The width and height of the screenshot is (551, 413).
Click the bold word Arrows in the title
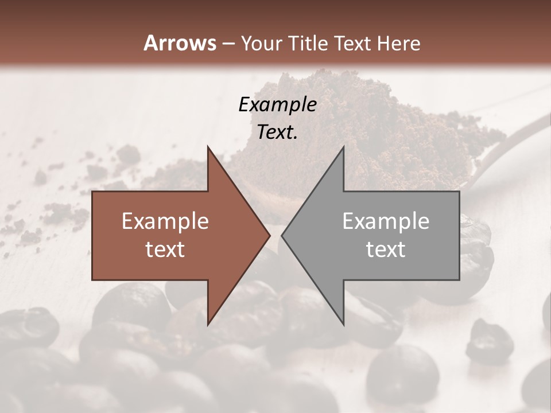coord(179,42)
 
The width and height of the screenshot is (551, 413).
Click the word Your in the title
coord(262,43)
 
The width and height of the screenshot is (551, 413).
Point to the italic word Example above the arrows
coord(277,104)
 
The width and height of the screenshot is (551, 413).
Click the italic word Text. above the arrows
coord(277,132)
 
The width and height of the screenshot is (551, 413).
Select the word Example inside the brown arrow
coord(165,221)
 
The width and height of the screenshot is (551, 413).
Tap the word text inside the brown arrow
coord(165,249)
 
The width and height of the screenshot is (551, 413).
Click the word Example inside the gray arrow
coord(386,221)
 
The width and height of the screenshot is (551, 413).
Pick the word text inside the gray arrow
coord(386,249)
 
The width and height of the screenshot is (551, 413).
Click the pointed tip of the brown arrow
coord(269,235)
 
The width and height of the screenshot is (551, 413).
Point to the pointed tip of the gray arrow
coord(282,235)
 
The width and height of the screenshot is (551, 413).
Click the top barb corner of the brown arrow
coord(208,147)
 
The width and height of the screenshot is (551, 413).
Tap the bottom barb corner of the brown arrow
coord(208,324)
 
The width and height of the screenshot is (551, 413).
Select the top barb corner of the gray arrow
coord(343,147)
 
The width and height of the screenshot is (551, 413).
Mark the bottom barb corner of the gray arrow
coord(343,324)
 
